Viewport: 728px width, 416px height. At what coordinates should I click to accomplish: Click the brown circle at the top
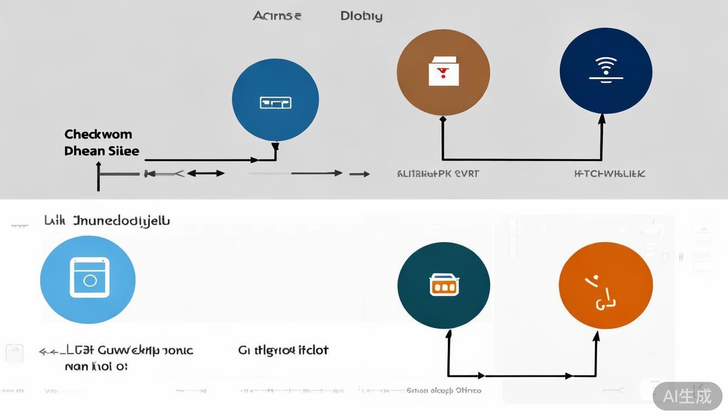pyautogui.click(x=443, y=73)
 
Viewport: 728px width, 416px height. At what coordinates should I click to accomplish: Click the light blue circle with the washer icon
pyautogui.click(x=88, y=280)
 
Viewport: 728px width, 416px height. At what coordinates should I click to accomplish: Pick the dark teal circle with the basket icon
pyautogui.click(x=444, y=285)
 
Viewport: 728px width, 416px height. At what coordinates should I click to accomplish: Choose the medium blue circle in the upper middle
pyautogui.click(x=275, y=100)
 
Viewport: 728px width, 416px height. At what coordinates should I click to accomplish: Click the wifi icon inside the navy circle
pyautogui.click(x=606, y=69)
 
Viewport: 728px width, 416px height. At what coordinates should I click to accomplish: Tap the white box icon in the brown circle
pyautogui.click(x=443, y=71)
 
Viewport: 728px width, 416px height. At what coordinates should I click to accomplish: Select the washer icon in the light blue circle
pyautogui.click(x=89, y=277)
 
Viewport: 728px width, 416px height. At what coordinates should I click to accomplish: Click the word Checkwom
pyautogui.click(x=98, y=134)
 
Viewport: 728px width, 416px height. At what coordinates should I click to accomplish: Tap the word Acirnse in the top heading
pyautogui.click(x=276, y=16)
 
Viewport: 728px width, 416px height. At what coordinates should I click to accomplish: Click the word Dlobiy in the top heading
pyautogui.click(x=361, y=16)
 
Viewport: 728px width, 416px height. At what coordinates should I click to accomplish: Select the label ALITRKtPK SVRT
pyautogui.click(x=438, y=174)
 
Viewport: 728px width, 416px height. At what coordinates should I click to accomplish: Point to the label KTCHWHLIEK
pyautogui.click(x=609, y=174)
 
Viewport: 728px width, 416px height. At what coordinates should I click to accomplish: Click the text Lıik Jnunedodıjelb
pyautogui.click(x=107, y=220)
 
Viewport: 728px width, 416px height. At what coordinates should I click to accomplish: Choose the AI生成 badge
pyautogui.click(x=687, y=396)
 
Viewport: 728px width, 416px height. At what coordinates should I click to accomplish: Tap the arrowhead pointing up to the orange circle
pyautogui.click(x=596, y=337)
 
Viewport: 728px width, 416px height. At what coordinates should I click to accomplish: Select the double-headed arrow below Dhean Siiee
pyautogui.click(x=206, y=173)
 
